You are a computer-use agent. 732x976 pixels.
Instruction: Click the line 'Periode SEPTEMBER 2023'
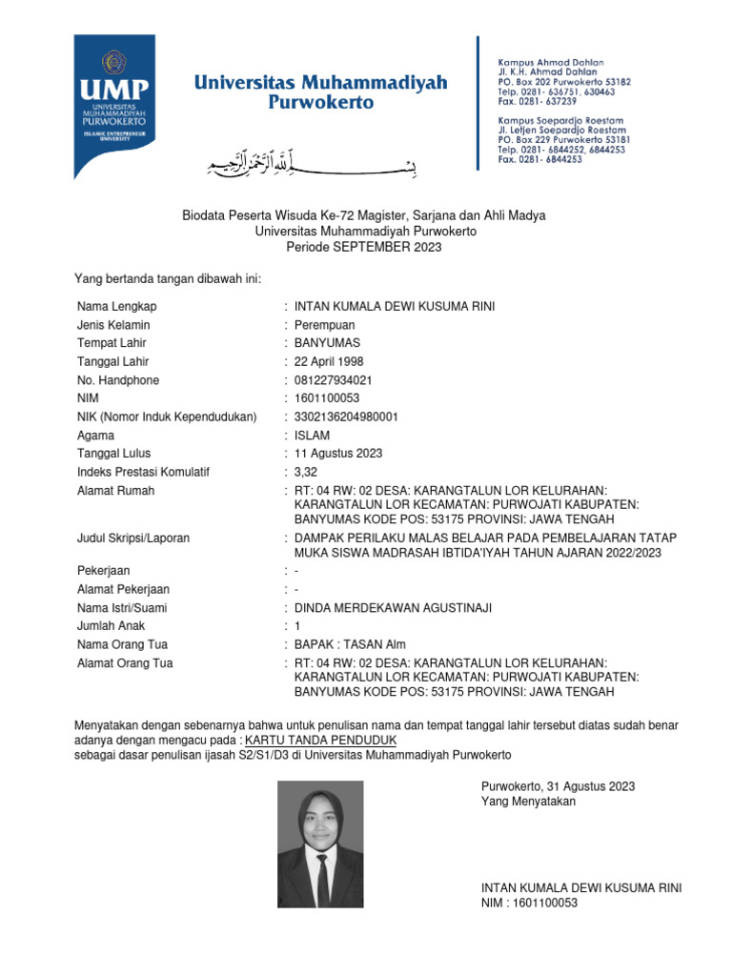coord(365,247)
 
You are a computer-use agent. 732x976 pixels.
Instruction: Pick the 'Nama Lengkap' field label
coord(116,306)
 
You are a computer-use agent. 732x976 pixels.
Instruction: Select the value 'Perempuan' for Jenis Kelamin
coord(323,325)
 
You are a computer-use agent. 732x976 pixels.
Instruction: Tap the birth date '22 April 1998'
coord(329,361)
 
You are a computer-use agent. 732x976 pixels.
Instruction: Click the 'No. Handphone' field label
coord(118,380)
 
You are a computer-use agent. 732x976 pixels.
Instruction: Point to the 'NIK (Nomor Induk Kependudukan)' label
coord(167,417)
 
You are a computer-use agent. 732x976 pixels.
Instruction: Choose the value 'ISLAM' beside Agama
coord(312,436)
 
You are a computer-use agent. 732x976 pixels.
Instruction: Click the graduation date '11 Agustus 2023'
coord(338,454)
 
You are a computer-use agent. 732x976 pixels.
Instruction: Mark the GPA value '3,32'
coord(305,472)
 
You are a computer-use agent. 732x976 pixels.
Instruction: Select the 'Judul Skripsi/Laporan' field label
coord(133,538)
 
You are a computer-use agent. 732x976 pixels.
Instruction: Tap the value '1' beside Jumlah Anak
coord(297,626)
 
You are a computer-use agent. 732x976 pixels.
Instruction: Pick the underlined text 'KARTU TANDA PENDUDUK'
coord(320,740)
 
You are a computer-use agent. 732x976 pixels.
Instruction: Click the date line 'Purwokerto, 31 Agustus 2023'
coord(558,786)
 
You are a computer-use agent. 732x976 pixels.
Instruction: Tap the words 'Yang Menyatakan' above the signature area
coord(529,802)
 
